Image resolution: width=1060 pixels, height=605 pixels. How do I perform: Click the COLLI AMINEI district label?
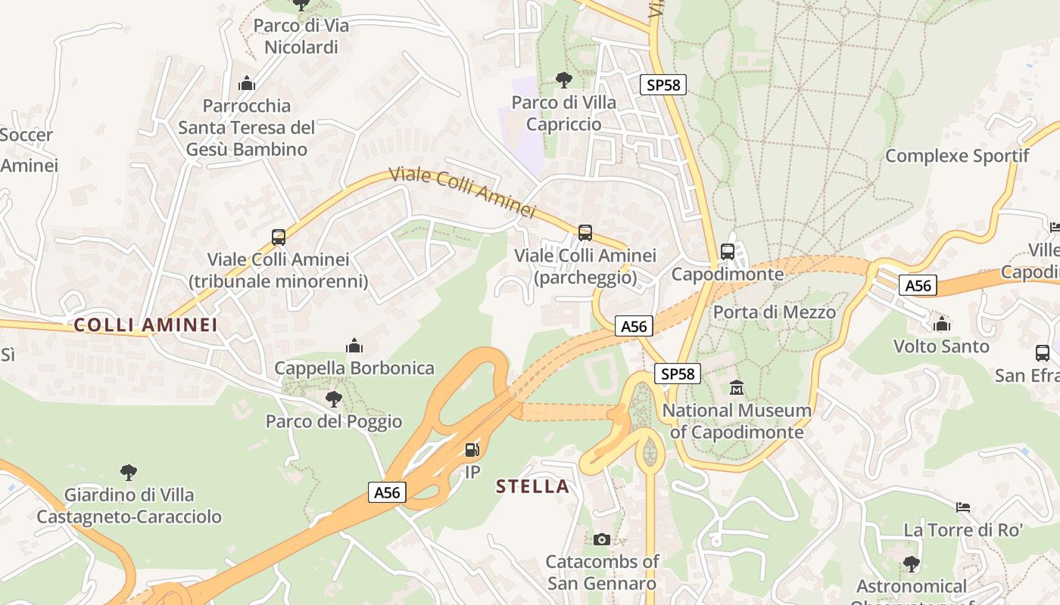145,325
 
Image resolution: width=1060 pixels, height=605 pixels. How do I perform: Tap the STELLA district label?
532,486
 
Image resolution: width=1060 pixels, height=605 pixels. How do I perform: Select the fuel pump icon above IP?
472,451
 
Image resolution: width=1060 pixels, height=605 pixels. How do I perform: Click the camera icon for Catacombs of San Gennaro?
602,539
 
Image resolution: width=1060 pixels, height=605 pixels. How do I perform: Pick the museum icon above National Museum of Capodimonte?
737,388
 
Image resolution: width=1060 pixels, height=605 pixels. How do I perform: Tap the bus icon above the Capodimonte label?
728,251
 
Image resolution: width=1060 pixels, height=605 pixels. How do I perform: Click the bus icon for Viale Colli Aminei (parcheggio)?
585,233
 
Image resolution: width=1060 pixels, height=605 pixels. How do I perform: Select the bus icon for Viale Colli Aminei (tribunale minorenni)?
279,237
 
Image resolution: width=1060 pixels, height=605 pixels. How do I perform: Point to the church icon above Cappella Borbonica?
354,346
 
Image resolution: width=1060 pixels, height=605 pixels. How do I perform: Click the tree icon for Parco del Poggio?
333,399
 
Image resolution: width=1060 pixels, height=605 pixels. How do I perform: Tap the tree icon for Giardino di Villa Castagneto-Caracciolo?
129,473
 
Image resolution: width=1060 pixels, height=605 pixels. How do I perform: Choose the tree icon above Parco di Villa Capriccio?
563,79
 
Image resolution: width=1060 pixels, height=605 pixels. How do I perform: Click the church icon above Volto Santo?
942,324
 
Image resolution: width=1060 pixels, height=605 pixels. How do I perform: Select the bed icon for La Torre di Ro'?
963,507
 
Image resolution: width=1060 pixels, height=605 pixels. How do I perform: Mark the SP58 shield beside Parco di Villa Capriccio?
663,85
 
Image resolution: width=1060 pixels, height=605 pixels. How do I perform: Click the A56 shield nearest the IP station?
388,492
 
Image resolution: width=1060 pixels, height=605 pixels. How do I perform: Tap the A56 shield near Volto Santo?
918,285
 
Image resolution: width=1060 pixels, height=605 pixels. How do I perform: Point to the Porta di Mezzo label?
775,312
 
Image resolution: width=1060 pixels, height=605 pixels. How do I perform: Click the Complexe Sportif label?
957,156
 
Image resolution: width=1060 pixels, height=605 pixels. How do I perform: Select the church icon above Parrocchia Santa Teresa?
247,83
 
